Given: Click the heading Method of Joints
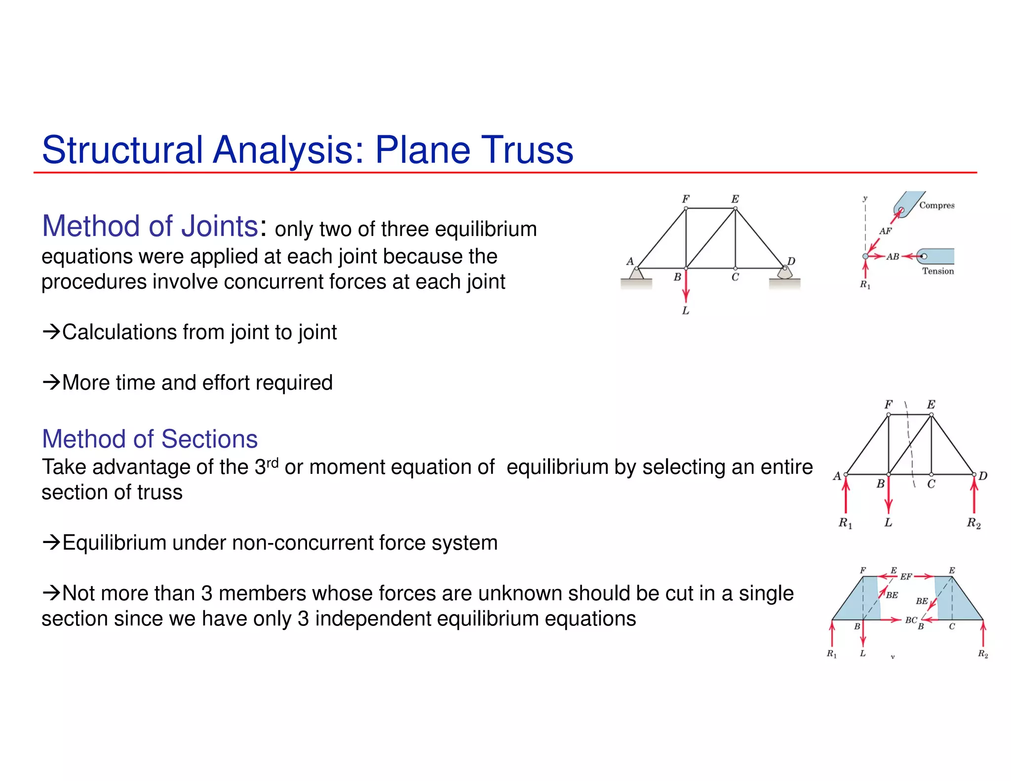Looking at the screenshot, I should click(x=150, y=226).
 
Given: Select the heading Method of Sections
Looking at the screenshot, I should click(x=150, y=439).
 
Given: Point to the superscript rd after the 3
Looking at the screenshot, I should click(x=272, y=462).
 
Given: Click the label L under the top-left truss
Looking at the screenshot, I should click(x=685, y=311).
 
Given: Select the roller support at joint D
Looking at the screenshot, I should click(x=784, y=273).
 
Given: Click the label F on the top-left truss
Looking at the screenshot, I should click(x=685, y=199).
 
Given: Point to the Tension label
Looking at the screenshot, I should click(x=938, y=271).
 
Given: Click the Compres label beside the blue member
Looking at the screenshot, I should click(x=936, y=205).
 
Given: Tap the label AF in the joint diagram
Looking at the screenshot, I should click(x=885, y=231).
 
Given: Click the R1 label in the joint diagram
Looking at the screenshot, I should click(x=865, y=285).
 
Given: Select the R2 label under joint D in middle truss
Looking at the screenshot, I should click(x=973, y=523).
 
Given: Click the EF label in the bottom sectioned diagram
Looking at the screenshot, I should click(x=906, y=577).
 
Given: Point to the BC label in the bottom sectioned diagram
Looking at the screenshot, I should click(x=911, y=620).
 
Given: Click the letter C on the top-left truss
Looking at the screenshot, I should click(x=735, y=277).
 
